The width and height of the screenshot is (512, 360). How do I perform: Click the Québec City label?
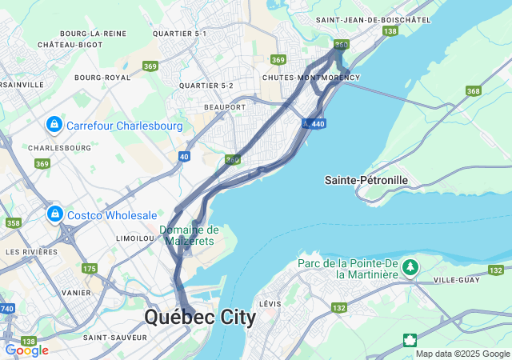click(x=200, y=318)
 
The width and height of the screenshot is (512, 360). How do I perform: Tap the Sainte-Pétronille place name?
click(x=366, y=180)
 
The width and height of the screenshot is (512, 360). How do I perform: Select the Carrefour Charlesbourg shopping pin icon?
click(x=54, y=126)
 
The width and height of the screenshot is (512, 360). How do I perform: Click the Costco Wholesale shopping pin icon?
click(x=54, y=215)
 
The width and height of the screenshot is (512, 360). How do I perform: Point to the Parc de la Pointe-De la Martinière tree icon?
click(x=410, y=267)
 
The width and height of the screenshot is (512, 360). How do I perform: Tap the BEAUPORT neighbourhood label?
click(x=225, y=106)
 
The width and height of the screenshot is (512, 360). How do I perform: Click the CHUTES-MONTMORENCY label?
click(x=311, y=78)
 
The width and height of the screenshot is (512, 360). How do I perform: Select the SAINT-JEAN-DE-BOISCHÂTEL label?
click(x=373, y=19)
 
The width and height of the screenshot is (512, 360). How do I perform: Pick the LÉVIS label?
click(x=270, y=304)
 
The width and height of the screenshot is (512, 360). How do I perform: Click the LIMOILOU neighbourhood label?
click(x=134, y=238)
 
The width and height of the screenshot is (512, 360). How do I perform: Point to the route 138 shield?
click(x=390, y=31)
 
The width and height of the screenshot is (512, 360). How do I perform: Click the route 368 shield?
click(x=474, y=91)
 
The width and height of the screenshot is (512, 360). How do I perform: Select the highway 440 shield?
click(x=318, y=124)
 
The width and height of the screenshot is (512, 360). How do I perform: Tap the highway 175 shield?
click(x=90, y=269)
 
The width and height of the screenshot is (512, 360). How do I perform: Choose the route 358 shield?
click(x=14, y=223)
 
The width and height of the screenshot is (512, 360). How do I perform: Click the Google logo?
click(x=26, y=350)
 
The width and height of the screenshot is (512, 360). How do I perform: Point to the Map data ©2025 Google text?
click(x=462, y=354)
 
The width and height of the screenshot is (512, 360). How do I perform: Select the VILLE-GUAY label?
click(x=456, y=280)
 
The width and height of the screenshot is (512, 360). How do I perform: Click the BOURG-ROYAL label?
click(x=102, y=78)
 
